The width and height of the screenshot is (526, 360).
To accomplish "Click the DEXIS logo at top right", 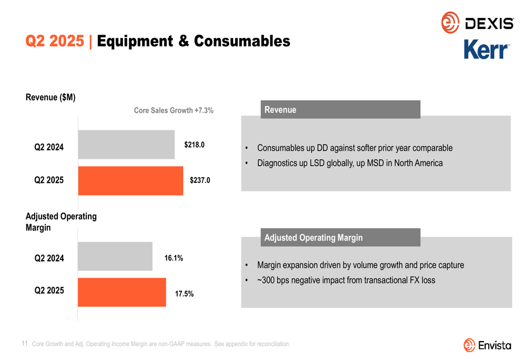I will tap(477, 23).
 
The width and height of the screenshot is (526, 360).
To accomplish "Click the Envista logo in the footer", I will tap(487, 345).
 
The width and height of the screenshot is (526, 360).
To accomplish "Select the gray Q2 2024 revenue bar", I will tap(126, 145).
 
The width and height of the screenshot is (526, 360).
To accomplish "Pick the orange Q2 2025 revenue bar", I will tap(130, 181).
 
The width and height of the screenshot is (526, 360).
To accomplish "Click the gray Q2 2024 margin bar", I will tap(115, 256).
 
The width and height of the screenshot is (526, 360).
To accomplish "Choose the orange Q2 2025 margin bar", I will tap(122, 292).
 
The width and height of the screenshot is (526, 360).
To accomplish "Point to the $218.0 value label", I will tap(194, 145).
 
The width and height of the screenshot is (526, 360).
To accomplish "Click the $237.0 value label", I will tap(200, 180).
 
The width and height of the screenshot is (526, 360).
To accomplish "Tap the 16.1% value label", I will tap(174, 258).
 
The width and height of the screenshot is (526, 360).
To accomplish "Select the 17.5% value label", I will tap(184, 294).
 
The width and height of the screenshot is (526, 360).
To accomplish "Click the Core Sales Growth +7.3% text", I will tap(174, 110).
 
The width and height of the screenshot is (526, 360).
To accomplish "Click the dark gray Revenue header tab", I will tap(340, 109).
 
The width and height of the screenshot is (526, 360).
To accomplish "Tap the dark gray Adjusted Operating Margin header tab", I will tap(340, 238).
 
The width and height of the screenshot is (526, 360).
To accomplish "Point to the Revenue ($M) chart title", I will tap(50, 97).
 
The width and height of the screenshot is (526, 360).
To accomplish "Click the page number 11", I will tap(25, 343).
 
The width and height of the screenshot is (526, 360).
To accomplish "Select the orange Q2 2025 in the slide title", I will tap(55, 41).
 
